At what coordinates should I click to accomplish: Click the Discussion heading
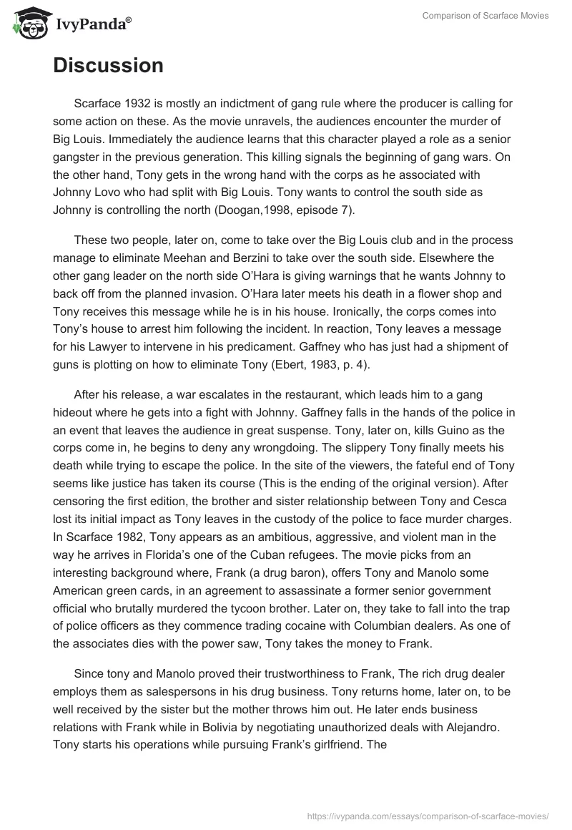coord(108,66)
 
